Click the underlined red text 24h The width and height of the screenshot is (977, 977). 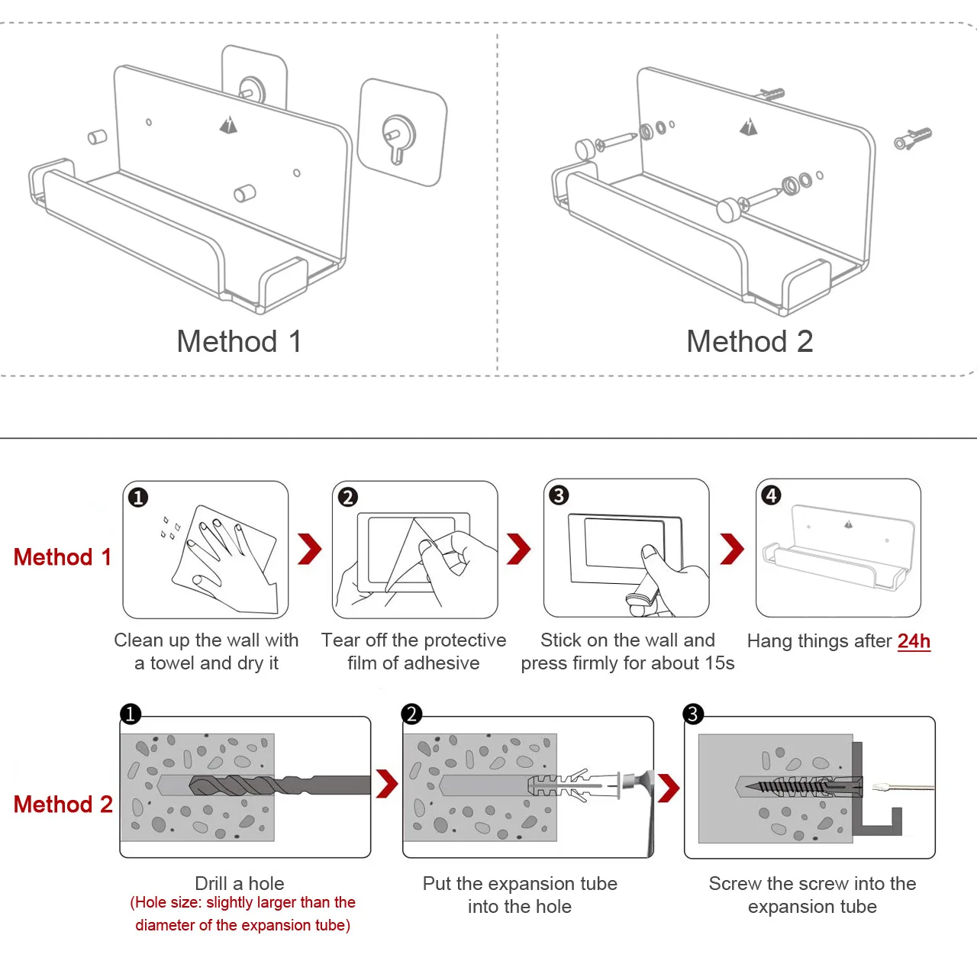pyautogui.click(x=914, y=640)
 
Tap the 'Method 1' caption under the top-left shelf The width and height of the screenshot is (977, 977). pyautogui.click(x=239, y=341)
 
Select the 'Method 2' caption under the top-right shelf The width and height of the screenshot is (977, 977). pyautogui.click(x=750, y=341)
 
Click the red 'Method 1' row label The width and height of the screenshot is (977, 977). pyautogui.click(x=63, y=557)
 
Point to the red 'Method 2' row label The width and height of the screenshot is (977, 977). pyautogui.click(x=63, y=804)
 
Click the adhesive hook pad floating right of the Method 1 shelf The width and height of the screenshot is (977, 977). pyautogui.click(x=401, y=133)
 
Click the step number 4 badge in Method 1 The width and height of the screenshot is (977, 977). pyautogui.click(x=771, y=495)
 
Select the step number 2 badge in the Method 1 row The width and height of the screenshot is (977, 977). pyautogui.click(x=348, y=497)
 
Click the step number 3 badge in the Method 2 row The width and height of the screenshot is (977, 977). pyautogui.click(x=693, y=714)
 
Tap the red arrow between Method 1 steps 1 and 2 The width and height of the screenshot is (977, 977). pyautogui.click(x=310, y=549)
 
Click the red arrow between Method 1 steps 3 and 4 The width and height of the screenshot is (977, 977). pyautogui.click(x=731, y=549)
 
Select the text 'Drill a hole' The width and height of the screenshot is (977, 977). pyautogui.click(x=240, y=883)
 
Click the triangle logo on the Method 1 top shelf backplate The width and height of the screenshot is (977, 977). pyautogui.click(x=228, y=124)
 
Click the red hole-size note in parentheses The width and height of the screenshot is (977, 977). pyautogui.click(x=243, y=914)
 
